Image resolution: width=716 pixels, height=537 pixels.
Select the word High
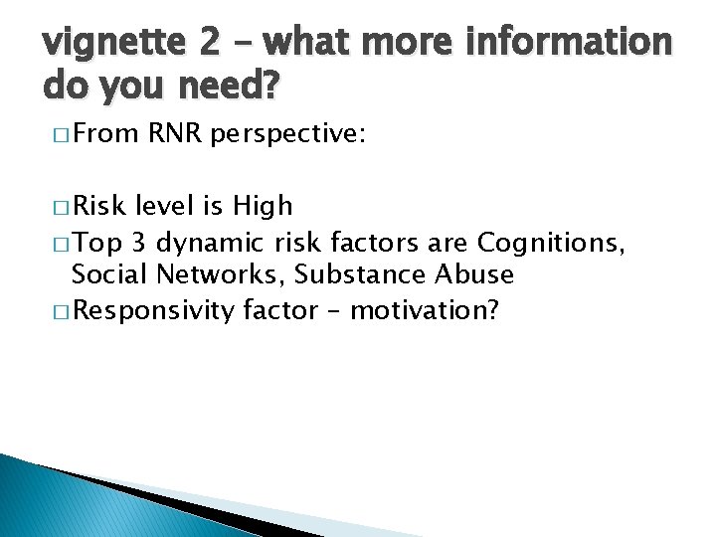click(x=262, y=206)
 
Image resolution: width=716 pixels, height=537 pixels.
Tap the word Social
click(x=106, y=275)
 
